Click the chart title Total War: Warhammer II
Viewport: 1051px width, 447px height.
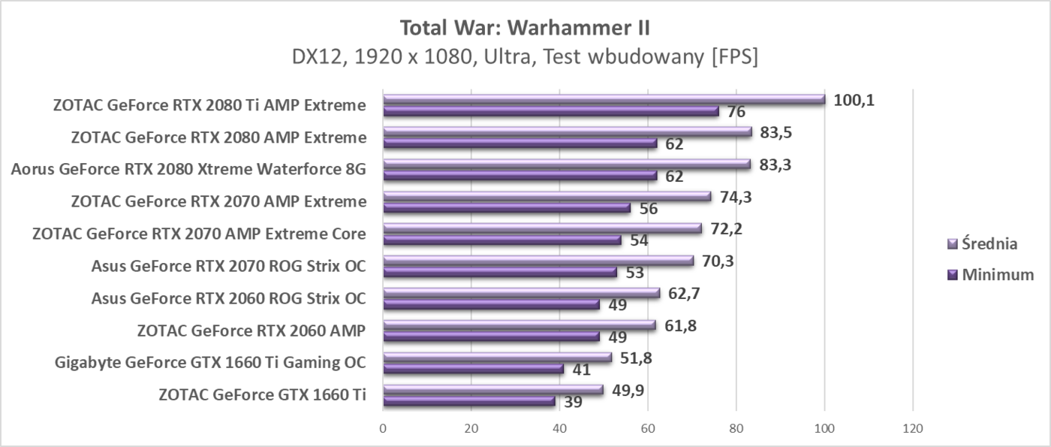pos(525,28)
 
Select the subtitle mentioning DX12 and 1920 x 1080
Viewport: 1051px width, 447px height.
pos(525,57)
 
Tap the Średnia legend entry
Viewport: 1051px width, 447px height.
pos(983,243)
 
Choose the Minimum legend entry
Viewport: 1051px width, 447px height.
pos(990,275)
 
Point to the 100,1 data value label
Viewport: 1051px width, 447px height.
pos(854,100)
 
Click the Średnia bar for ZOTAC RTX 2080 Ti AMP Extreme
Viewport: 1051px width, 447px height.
pos(604,99)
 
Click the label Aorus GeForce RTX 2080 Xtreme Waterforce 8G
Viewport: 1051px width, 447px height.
pos(188,169)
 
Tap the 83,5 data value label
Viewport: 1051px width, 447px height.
pos(776,132)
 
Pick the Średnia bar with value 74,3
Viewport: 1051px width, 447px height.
pos(547,196)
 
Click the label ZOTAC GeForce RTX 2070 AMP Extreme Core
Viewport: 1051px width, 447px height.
pos(199,234)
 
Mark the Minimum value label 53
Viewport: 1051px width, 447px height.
pos(635,273)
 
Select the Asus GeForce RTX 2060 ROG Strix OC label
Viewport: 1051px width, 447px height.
pos(228,298)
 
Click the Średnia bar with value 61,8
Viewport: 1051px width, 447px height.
pos(519,325)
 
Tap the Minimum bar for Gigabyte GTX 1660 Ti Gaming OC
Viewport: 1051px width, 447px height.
pos(473,369)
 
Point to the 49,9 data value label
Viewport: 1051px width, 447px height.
pos(628,390)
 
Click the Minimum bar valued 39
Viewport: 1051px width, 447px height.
pos(468,401)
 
